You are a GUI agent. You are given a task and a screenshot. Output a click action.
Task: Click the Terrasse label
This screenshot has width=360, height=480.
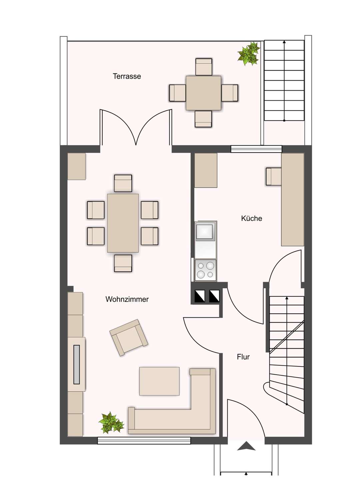coord(127,76)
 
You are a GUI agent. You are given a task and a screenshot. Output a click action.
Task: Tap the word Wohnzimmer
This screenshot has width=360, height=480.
coord(127,299)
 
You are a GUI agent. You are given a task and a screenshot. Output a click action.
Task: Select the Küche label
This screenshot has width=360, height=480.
coord(252,218)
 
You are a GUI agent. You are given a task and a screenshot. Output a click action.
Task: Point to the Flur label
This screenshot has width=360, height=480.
coord(243,357)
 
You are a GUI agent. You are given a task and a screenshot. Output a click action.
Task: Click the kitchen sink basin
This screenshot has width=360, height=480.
coord(205,231)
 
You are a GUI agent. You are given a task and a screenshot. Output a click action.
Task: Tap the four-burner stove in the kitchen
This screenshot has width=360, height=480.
coord(205,270)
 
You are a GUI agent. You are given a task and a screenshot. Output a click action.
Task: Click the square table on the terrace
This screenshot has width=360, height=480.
coord(203,93)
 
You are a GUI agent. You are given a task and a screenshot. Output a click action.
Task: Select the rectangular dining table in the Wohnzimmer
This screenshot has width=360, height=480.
coord(123,223)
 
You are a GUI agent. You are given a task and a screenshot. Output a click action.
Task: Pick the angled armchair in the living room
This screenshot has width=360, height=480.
coord(129,337)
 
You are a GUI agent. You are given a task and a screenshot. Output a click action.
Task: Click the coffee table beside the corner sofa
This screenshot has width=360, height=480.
coord(159,381)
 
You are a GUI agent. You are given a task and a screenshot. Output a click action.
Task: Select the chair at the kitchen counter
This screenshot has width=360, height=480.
coord(273,177)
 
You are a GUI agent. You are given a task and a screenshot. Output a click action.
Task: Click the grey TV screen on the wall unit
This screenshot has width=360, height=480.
coord(77,365)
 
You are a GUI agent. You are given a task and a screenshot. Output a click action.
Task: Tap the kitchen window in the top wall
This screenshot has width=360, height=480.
coord(256,149)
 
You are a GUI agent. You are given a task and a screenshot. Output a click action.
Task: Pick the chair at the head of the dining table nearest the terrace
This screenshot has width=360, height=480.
coord(123,183)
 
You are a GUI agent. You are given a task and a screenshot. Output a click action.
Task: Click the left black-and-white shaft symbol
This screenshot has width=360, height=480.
coord(200,296)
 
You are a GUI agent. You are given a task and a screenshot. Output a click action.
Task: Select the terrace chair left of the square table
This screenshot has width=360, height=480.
coord(177,93)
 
